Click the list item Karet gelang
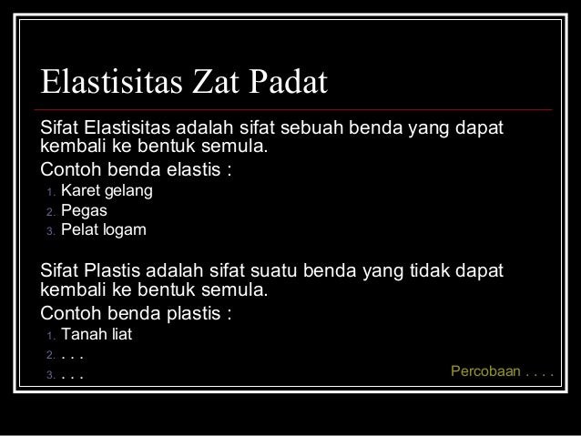tap(107, 192)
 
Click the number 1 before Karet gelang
tap(51, 193)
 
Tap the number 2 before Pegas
tap(51, 211)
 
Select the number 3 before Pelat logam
tap(51, 229)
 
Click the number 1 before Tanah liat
tap(51, 336)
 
